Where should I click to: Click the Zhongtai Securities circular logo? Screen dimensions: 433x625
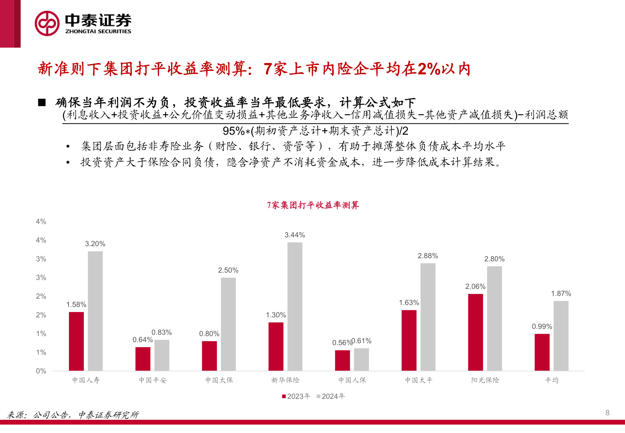point(47,24)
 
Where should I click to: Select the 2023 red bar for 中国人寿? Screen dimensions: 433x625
point(76,341)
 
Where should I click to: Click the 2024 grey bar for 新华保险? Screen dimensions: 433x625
point(295,307)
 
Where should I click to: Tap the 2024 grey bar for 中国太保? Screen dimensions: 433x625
point(228,324)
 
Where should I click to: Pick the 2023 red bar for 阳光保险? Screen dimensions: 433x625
point(476,332)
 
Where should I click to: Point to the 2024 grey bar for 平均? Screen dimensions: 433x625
point(561,336)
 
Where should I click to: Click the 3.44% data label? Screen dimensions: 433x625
point(295,235)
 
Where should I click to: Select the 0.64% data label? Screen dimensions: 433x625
point(142,340)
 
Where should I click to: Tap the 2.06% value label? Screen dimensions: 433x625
point(475,287)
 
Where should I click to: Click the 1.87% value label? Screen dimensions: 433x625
point(561,293)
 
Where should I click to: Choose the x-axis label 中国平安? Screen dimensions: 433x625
point(153,380)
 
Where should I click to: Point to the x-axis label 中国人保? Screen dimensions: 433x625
point(352,380)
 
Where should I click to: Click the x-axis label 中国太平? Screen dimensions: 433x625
point(419,380)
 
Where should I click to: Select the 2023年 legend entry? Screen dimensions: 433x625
point(296,396)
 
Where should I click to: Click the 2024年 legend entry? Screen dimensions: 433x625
point(331,396)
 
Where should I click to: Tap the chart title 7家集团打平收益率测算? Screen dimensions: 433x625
point(313,205)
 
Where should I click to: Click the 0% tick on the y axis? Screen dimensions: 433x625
point(41,371)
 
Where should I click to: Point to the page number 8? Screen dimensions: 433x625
point(607,413)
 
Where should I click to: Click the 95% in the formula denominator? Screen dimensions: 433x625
point(234,131)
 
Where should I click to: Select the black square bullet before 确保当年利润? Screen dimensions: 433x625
point(42,103)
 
